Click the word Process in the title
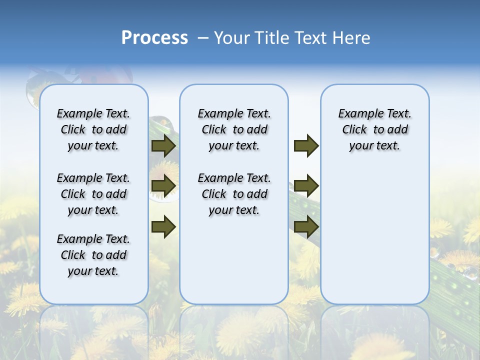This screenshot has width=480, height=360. coord(154,38)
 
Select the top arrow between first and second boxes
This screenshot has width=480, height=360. coord(163,146)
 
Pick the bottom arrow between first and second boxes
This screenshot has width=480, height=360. coord(163,226)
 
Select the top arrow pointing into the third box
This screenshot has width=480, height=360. coord(306,146)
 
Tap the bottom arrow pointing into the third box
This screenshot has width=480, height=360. coord(306,226)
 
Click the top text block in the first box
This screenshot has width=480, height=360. coord(93,129)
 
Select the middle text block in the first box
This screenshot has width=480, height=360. coord(93,194)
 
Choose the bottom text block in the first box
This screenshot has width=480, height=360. coord(93,255)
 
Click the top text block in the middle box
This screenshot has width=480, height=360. coord(234,129)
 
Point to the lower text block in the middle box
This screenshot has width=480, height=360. coord(234,194)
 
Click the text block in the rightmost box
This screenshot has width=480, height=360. coord(375,129)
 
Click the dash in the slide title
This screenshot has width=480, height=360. coord(203,38)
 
